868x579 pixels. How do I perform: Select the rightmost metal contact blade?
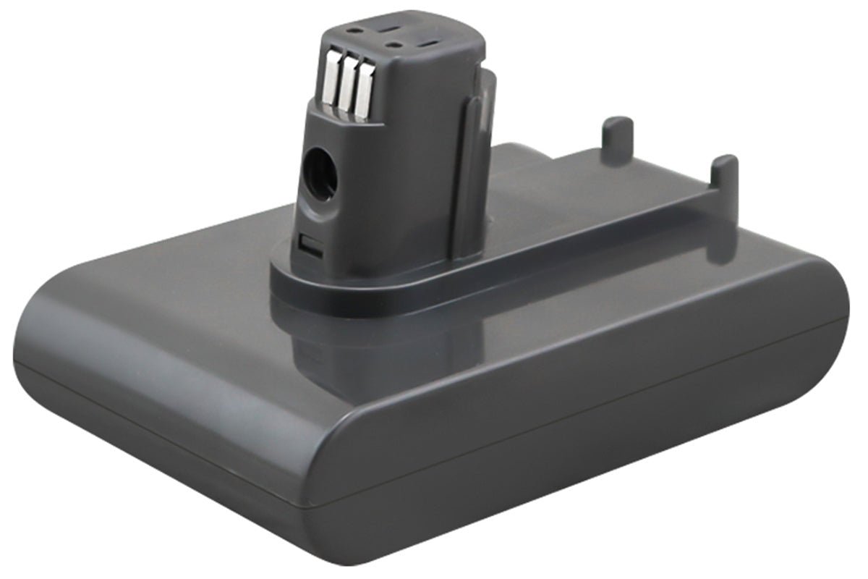click(364, 90)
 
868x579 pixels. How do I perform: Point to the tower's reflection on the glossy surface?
click(376, 347)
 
